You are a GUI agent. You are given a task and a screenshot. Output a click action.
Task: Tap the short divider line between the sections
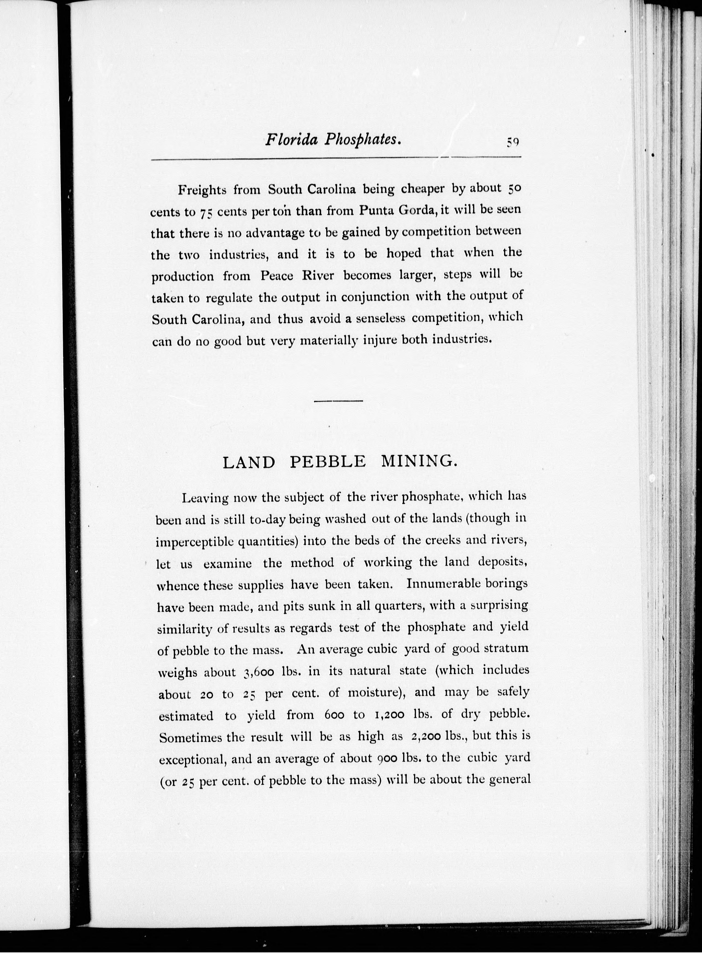coord(338,401)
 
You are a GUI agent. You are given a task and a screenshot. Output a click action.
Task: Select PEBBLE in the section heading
coord(328,462)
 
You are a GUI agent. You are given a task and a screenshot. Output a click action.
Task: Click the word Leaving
coord(205,498)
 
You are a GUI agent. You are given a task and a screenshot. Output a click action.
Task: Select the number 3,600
coord(259,672)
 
